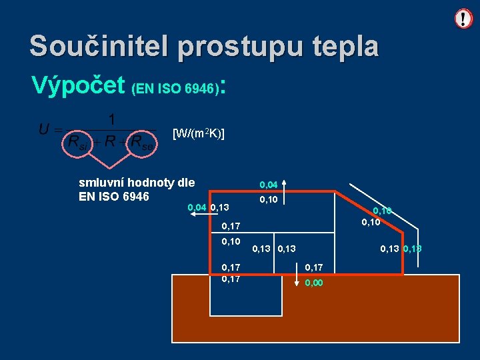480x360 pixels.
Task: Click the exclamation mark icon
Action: tap(463, 18)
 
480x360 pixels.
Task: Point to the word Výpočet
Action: tap(79, 85)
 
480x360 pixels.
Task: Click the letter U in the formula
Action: tap(43, 129)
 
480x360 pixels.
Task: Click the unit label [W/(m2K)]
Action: tap(198, 133)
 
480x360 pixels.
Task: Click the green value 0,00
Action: tap(313, 283)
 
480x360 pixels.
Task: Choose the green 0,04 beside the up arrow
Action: tap(268, 184)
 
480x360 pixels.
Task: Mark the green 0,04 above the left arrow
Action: tap(197, 208)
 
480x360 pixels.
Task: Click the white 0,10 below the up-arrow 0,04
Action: tap(268, 199)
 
